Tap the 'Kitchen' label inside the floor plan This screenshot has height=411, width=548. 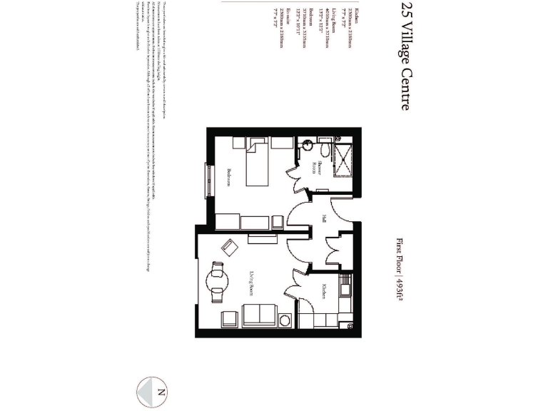tap(323, 291)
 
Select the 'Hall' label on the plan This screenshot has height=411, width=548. tap(323, 219)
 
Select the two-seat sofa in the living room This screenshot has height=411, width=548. tap(258, 315)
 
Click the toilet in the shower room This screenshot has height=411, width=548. tap(323, 151)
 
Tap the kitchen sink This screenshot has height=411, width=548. tap(345, 288)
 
